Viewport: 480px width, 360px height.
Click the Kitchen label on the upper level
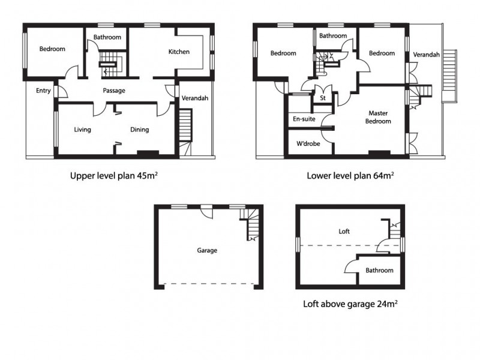(x=179, y=52)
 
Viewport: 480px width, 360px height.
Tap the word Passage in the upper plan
(x=114, y=91)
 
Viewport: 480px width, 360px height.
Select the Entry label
(x=43, y=91)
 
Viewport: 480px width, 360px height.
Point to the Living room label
(x=82, y=130)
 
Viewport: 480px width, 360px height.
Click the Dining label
(x=139, y=130)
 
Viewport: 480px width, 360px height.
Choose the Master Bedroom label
(x=379, y=117)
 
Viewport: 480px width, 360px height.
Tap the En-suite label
(x=304, y=119)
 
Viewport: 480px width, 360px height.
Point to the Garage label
(x=207, y=251)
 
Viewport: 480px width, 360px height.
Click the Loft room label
(x=344, y=231)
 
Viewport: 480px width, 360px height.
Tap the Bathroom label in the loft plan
(x=379, y=271)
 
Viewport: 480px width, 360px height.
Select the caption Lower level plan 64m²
(x=350, y=176)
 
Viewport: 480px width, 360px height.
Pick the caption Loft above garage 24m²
(x=350, y=304)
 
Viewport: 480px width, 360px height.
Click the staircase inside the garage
(x=251, y=225)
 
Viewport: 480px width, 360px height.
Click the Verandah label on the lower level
(x=426, y=55)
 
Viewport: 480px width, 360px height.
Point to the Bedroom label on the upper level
(x=52, y=49)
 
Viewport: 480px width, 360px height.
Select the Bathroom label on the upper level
(x=107, y=37)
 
